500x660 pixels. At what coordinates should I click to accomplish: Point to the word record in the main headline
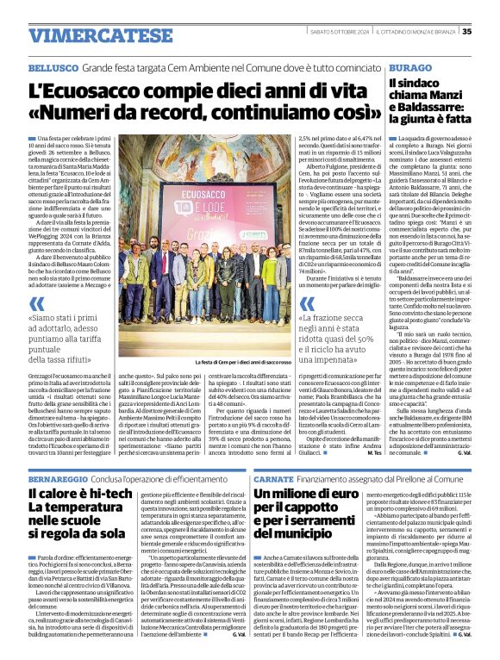click(x=184, y=113)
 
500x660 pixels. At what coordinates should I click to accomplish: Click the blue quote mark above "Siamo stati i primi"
click(x=36, y=304)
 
